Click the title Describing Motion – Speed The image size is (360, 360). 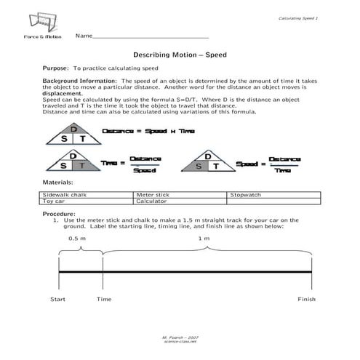[180, 55]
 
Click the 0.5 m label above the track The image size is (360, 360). [76, 238]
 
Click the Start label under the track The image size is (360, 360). [58, 299]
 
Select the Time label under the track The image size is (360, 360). [104, 299]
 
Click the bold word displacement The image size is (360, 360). [63, 94]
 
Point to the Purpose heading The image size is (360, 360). [55, 68]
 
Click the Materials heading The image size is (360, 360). [57, 182]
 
